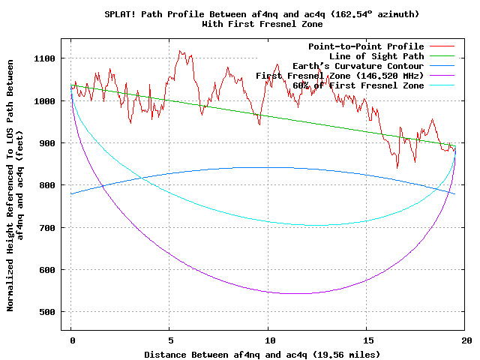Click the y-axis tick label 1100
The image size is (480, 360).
click(44, 58)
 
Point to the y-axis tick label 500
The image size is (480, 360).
click(46, 311)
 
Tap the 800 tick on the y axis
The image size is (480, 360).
click(46, 185)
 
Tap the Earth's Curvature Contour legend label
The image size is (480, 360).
click(358, 66)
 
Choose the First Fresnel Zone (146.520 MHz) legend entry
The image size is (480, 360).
click(340, 76)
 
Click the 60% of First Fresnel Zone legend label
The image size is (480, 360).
click(358, 85)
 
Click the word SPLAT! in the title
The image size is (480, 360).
click(121, 14)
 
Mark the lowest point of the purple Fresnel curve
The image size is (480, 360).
click(300, 293)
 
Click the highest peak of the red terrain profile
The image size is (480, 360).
click(180, 51)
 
